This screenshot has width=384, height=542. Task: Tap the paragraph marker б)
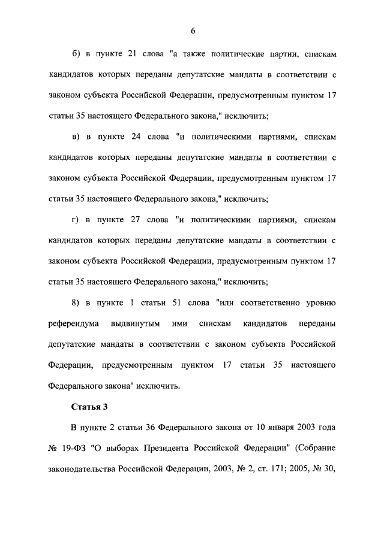coord(76,54)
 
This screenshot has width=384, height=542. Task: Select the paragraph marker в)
coord(76,137)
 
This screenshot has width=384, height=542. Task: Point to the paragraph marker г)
coord(76,220)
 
